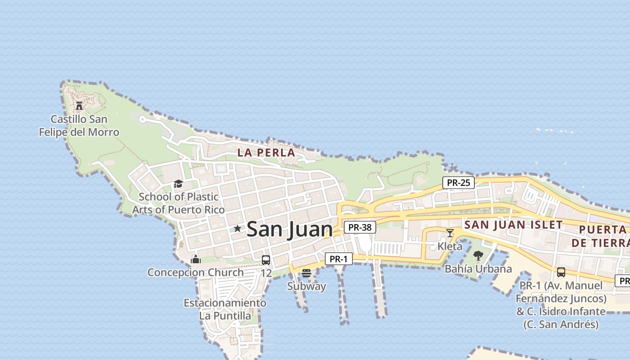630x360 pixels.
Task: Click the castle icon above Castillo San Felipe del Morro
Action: tap(79, 106)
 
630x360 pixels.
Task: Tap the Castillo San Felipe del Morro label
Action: tap(79, 126)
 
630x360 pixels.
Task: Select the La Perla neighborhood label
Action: tap(266, 153)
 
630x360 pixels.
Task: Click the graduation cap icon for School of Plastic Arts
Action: tap(178, 184)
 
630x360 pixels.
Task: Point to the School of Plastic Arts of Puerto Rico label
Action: tap(178, 203)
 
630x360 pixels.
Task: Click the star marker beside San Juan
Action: tap(238, 229)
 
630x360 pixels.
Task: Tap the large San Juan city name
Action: tap(289, 229)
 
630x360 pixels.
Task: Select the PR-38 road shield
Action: tap(360, 227)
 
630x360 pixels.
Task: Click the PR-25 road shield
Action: tap(459, 183)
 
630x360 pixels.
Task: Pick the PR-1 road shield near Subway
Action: tap(338, 259)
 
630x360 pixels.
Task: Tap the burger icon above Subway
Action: tap(306, 273)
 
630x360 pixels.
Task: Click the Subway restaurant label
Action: tap(306, 286)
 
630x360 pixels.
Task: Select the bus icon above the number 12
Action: tap(266, 260)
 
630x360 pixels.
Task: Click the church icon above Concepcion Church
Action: tap(195, 259)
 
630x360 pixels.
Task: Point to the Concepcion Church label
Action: tap(196, 272)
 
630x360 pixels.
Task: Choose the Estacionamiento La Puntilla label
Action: tap(225, 309)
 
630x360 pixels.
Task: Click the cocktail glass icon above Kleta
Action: tap(450, 233)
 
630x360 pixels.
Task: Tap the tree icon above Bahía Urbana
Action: tap(478, 256)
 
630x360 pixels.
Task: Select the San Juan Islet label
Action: tap(513, 225)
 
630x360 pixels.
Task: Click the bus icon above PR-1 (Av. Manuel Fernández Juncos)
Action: tap(561, 272)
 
